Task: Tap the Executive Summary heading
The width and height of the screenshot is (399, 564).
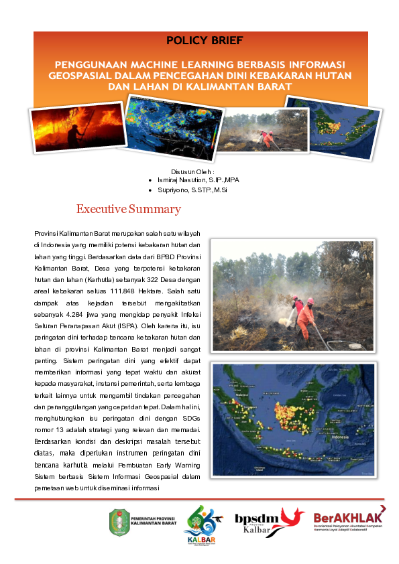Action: tap(129, 209)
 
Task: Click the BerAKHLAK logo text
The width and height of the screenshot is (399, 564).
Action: tap(347, 518)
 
